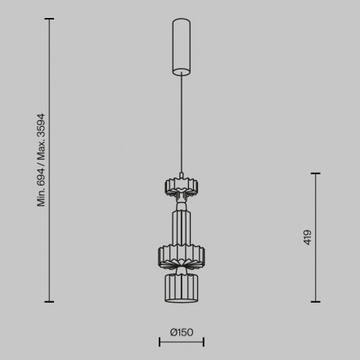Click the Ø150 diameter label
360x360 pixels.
tap(182, 332)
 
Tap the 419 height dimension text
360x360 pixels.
tap(308, 237)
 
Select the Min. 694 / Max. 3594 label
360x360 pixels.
tap(41, 160)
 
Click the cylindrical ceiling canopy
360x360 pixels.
tap(182, 47)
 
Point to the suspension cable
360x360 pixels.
tap(182, 124)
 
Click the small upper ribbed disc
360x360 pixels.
tap(182, 187)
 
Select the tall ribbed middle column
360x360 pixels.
tap(182, 227)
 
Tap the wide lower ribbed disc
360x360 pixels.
tap(182, 256)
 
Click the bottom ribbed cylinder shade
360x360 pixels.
tap(182, 288)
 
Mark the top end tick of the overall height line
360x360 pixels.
tap(49, 19)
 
